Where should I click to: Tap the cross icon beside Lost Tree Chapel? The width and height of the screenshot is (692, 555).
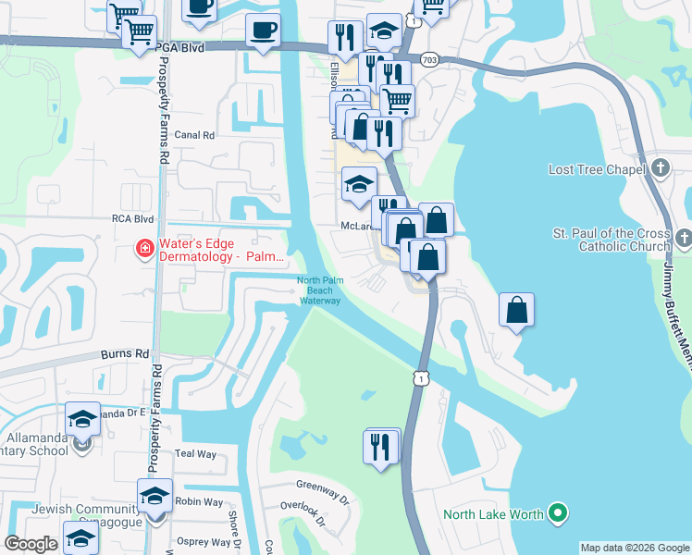(660, 168)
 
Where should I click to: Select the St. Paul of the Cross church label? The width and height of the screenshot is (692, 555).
(611, 240)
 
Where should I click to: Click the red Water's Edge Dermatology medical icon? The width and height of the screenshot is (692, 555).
(144, 248)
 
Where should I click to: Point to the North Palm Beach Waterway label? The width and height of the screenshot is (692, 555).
(319, 290)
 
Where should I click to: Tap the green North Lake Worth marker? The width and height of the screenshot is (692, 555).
(557, 512)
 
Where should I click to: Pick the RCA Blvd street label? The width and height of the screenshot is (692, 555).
(131, 219)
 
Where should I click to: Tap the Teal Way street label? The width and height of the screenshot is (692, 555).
(195, 454)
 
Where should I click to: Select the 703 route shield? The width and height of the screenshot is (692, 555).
(428, 59)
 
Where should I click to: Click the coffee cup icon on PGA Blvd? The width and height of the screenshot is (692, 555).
(263, 31)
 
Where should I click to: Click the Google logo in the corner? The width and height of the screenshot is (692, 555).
(30, 544)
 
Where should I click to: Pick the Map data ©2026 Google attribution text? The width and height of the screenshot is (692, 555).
(635, 548)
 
